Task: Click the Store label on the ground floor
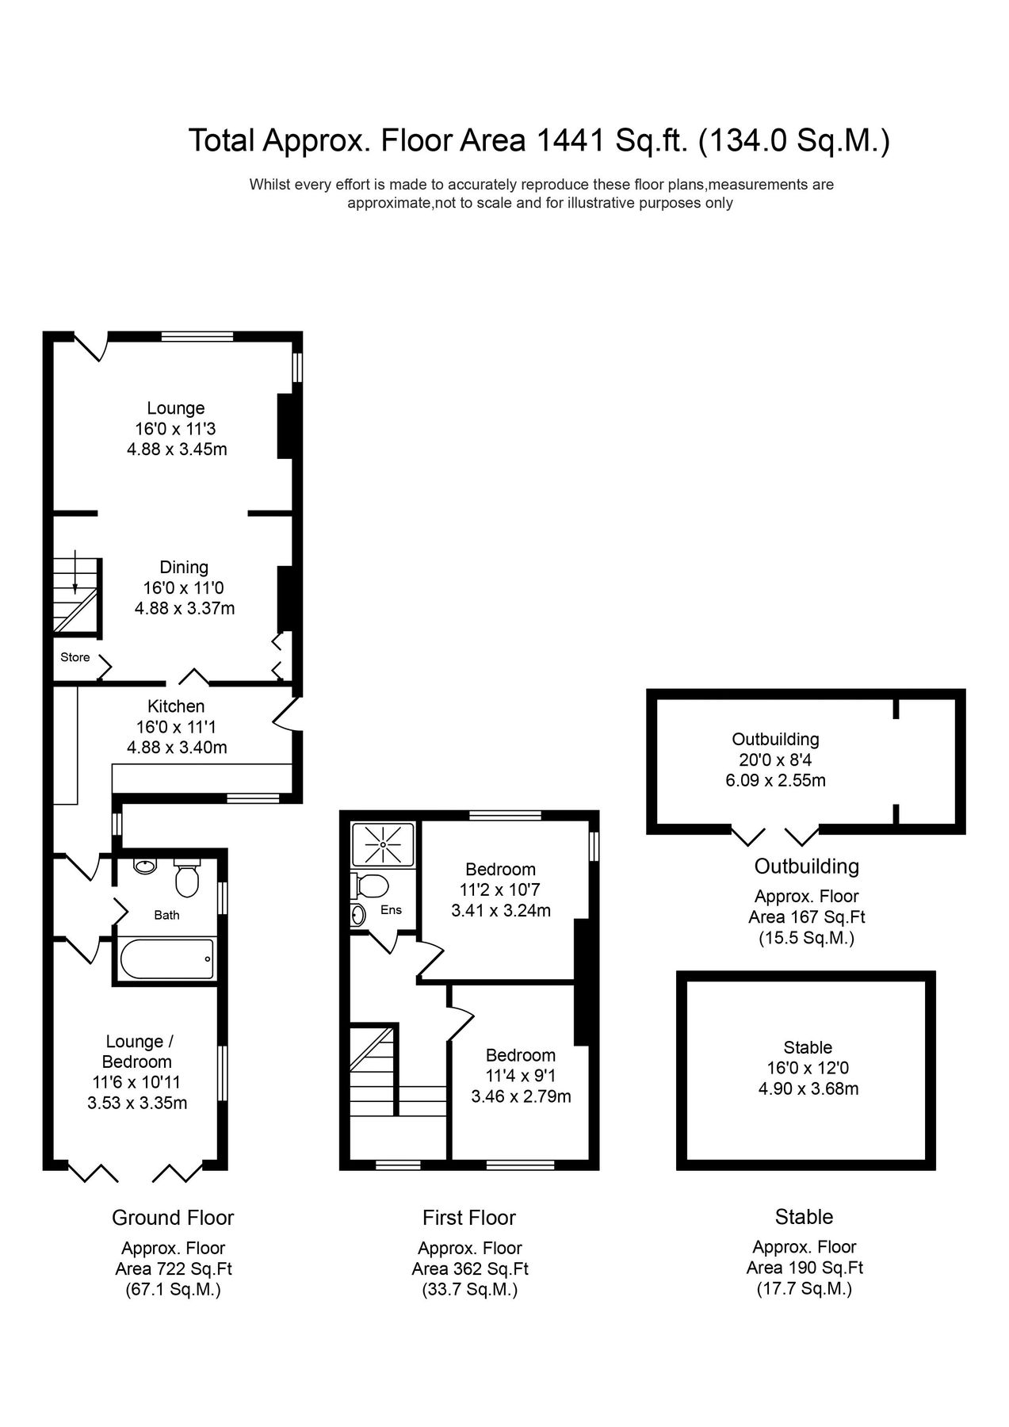tap(75, 657)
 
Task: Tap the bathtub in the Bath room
tap(166, 958)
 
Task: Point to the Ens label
tap(391, 910)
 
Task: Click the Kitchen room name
tap(176, 706)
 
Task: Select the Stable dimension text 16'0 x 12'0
tap(808, 1068)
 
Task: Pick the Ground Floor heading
tap(173, 1218)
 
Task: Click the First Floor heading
tap(469, 1218)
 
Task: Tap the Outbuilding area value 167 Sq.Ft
tap(807, 917)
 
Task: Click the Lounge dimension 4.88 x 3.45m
tap(177, 450)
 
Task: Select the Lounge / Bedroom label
tap(136, 1051)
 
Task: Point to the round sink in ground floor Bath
tap(144, 866)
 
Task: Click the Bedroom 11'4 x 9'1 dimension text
tap(521, 1076)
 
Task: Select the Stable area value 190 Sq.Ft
tap(805, 1268)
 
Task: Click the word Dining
tap(184, 567)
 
